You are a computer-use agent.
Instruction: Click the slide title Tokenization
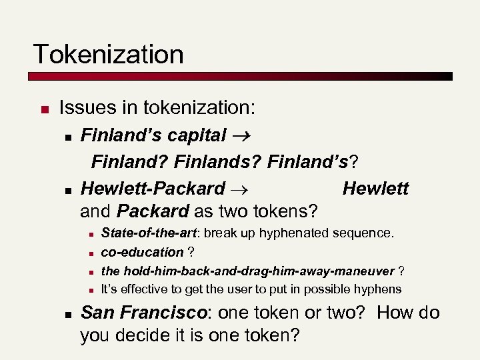tap(109, 55)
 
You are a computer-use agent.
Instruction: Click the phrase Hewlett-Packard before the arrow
tap(153, 189)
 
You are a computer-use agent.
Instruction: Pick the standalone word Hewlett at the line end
tap(375, 189)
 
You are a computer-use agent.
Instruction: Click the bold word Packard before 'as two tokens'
tap(153, 212)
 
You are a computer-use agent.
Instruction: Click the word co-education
tap(142, 252)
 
